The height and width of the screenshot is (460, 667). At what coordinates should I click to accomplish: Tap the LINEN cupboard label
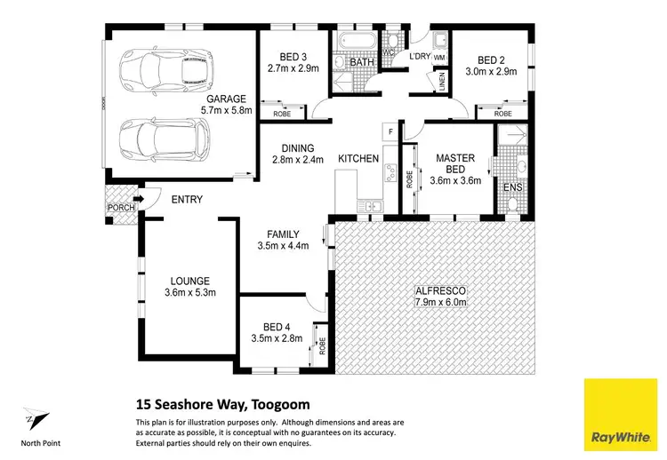pos(442,82)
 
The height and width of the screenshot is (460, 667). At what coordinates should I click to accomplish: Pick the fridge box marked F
pos(390,131)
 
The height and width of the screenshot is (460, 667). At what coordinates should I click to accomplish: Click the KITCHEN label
pos(358,159)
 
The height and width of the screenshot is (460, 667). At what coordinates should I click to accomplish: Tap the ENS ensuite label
pos(512,187)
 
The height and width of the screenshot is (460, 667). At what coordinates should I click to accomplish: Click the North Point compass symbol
pos(32,417)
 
